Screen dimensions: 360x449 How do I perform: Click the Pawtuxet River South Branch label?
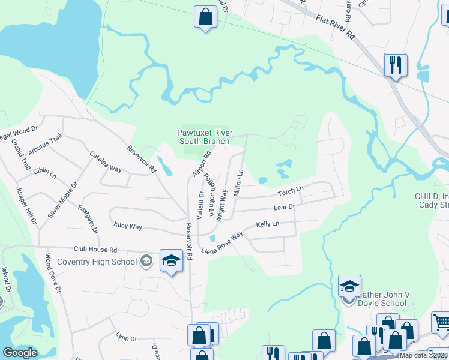point(204,137)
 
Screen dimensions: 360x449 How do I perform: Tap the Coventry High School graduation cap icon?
point(171,261)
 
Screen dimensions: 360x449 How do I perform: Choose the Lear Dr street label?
point(285,207)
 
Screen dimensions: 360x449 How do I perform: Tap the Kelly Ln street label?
point(268,224)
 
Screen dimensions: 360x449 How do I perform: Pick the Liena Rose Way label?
point(222,242)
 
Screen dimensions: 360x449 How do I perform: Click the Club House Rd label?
point(95,249)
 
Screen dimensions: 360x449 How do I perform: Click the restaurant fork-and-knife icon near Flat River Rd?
point(395,64)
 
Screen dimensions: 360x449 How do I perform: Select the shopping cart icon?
point(440,322)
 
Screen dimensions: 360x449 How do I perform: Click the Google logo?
point(20,353)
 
